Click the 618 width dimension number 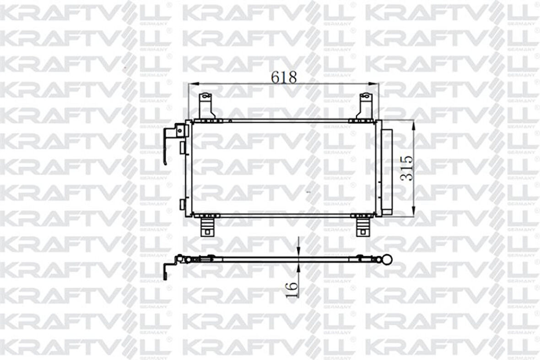[x=284, y=77]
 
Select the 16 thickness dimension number [x=292, y=289]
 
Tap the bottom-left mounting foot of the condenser [x=207, y=226]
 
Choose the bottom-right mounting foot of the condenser [x=363, y=226]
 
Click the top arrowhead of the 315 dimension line [x=414, y=124]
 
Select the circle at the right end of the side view [x=388, y=260]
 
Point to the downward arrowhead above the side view [x=298, y=252]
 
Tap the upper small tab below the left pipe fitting [x=182, y=147]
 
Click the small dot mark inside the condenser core [x=309, y=191]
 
